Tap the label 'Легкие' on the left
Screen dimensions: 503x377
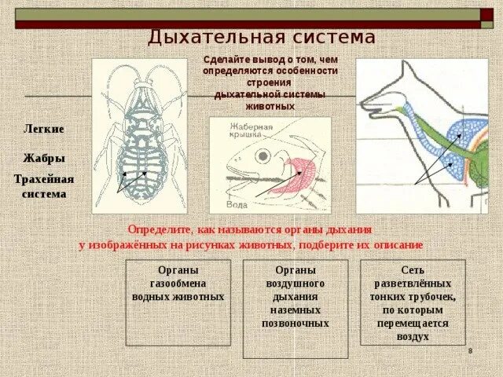[x=44, y=129]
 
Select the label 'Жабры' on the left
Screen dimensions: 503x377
[x=44, y=158]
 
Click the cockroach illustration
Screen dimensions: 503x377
[x=140, y=135]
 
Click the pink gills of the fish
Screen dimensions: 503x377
[x=295, y=174]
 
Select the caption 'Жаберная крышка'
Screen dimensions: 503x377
[x=251, y=130]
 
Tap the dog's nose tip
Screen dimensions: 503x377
[x=362, y=101]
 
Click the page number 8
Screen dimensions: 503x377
[x=470, y=350]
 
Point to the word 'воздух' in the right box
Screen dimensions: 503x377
[x=413, y=336]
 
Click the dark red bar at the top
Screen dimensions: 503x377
[x=251, y=25]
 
